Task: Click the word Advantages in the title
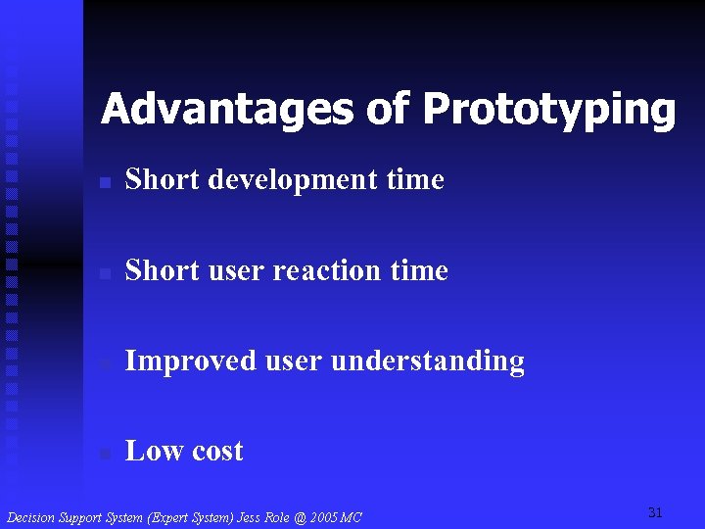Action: tap(228, 109)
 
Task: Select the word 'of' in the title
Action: tap(389, 109)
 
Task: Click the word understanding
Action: tap(428, 361)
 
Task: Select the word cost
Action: tap(217, 452)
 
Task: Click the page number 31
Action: tap(655, 512)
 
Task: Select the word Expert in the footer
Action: tap(165, 516)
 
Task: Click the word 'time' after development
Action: tap(415, 180)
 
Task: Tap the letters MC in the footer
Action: tap(352, 516)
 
